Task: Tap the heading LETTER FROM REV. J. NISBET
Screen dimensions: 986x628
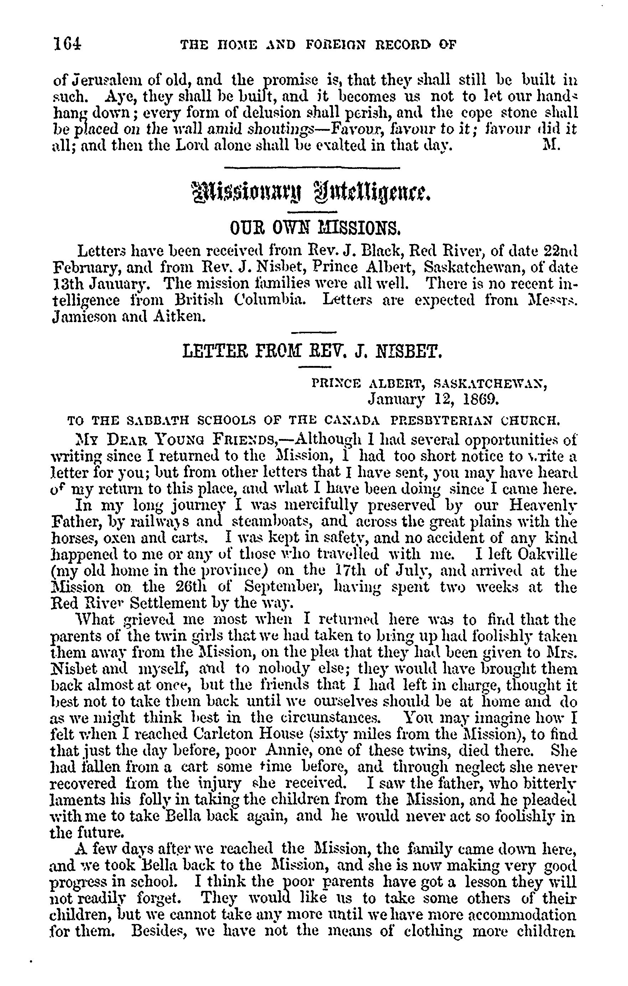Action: pos(312,351)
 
